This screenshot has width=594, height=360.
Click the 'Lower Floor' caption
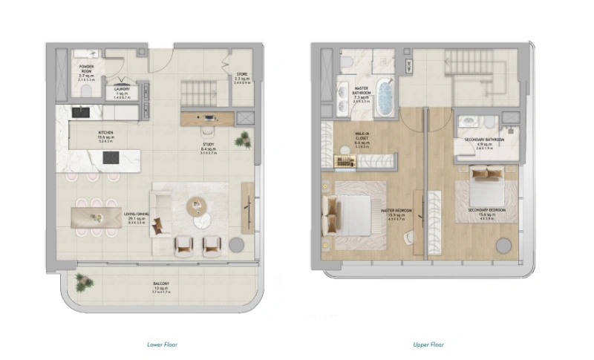(163, 344)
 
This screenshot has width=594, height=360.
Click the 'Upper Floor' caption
(428, 344)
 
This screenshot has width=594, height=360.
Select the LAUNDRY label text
(122, 91)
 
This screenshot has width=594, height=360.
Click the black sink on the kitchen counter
(81, 113)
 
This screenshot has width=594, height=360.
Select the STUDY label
(209, 145)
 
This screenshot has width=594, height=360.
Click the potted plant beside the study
(242, 139)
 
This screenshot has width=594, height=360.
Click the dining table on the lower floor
(94, 217)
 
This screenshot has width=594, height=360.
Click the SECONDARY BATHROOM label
(485, 140)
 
